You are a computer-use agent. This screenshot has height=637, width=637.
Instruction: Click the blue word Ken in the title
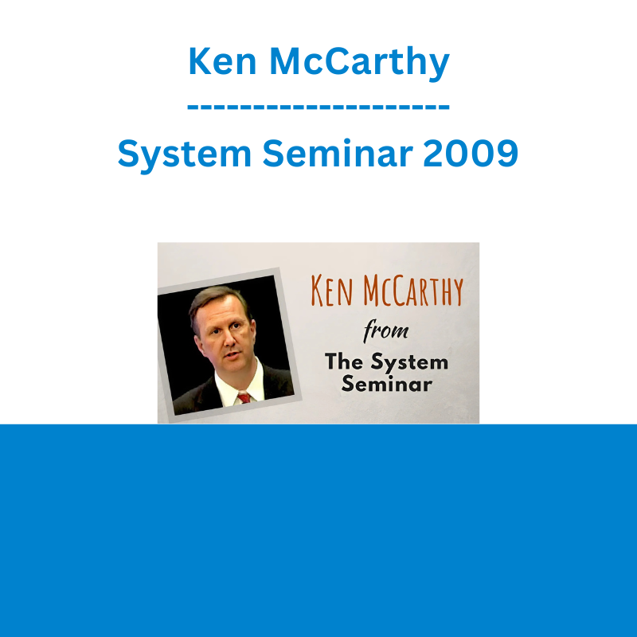pyautogui.click(x=222, y=61)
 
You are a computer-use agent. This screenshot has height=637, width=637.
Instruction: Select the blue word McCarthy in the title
pyautogui.click(x=360, y=63)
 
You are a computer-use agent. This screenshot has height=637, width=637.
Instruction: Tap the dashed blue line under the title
pyautogui.click(x=318, y=107)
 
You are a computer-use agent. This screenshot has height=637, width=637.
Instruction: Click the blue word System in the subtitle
pyautogui.click(x=185, y=155)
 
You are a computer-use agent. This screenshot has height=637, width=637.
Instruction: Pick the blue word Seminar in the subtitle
pyautogui.click(x=338, y=153)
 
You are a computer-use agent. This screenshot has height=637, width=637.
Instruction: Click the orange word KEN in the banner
pyautogui.click(x=331, y=291)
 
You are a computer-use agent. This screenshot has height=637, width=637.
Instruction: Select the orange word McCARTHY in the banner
pyautogui.click(x=413, y=291)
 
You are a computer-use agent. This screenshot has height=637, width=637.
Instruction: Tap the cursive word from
pyautogui.click(x=386, y=331)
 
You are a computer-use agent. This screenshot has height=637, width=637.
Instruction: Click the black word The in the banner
pyautogui.click(x=343, y=361)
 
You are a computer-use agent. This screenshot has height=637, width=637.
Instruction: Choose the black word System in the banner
pyautogui.click(x=409, y=363)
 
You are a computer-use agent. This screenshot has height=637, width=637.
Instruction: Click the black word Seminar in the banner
pyautogui.click(x=386, y=384)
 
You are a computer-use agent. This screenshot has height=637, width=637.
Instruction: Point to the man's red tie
pyautogui.click(x=244, y=397)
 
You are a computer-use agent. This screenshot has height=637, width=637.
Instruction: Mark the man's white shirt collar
pyautogui.click(x=239, y=384)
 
